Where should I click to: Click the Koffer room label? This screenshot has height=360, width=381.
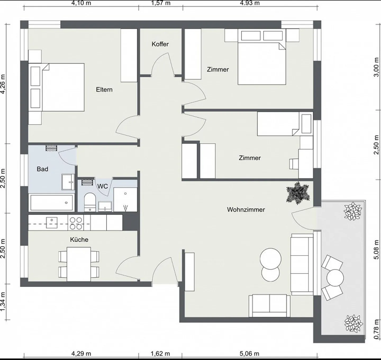(160, 44)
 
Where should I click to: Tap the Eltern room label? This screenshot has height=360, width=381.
(104, 89)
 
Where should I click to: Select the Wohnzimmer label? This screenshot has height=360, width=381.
(246, 210)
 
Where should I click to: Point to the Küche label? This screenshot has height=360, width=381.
(79, 240)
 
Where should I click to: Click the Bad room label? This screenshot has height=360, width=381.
(42, 169)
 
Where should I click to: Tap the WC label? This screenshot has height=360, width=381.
(102, 186)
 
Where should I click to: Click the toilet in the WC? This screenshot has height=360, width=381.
(90, 202)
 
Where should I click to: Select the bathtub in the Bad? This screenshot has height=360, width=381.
(52, 203)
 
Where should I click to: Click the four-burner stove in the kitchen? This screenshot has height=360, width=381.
(76, 223)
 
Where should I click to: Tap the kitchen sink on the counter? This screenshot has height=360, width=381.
(52, 222)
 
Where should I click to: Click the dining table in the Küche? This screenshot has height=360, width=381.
(79, 264)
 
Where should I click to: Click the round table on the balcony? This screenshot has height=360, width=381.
(335, 278)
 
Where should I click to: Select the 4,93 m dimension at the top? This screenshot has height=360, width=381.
(250, 3)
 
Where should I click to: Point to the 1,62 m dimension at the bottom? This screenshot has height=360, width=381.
(160, 354)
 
